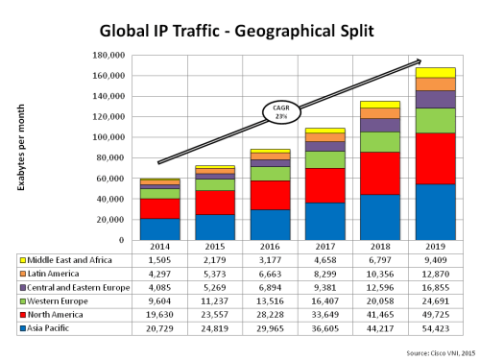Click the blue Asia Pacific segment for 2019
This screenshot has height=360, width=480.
click(435, 212)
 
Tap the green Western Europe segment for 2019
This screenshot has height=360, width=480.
click(435, 120)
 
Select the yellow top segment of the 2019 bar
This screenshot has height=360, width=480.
click(435, 72)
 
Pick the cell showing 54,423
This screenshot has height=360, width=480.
click(435, 327)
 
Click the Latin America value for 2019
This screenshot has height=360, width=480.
click(435, 274)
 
